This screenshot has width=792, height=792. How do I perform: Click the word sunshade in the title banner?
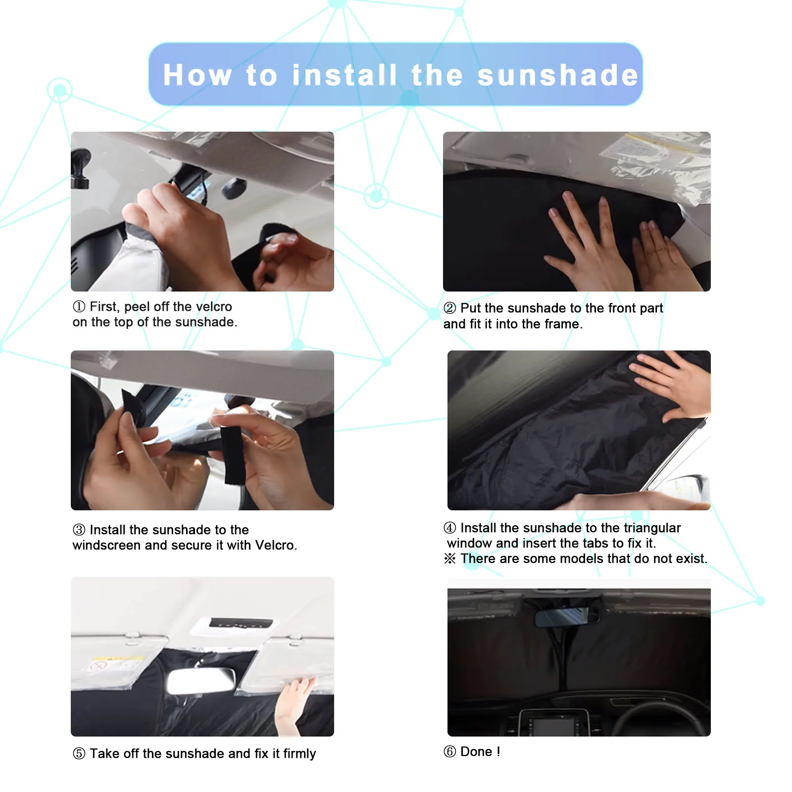[x=558, y=75]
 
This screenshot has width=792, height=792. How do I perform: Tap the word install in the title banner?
[x=345, y=75]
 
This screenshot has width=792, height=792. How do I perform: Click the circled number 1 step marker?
[x=79, y=306]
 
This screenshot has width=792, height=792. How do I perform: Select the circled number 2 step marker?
[x=449, y=308]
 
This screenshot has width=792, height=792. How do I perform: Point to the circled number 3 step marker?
[x=79, y=530]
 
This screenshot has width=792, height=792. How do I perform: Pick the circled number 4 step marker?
[x=449, y=528]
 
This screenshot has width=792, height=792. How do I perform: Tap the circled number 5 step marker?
[x=79, y=753]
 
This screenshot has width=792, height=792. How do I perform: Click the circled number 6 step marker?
[x=449, y=751]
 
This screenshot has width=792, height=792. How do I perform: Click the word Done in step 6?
[x=476, y=751]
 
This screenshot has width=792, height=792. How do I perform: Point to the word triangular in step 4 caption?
[x=652, y=528]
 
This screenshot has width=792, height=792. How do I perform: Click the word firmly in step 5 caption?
[x=299, y=754]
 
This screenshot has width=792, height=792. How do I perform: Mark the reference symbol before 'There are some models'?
[x=449, y=558]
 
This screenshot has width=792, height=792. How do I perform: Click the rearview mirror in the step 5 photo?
[x=201, y=681]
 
